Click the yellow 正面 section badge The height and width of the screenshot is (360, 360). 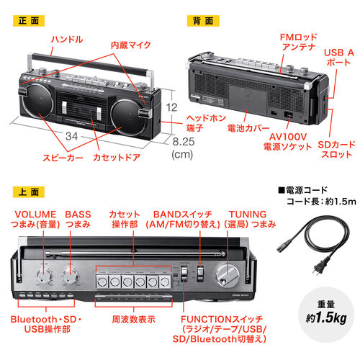[x=27, y=21]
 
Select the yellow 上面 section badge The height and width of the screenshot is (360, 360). [x=27, y=193]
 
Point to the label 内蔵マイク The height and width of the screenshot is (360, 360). [x=130, y=45]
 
